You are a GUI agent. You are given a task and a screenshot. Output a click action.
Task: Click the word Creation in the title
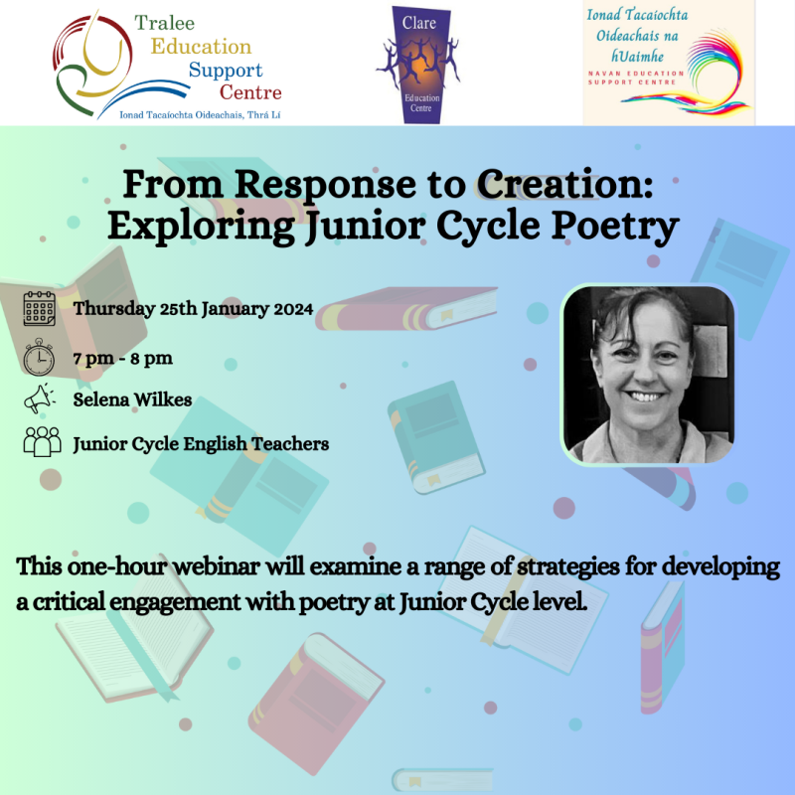560,185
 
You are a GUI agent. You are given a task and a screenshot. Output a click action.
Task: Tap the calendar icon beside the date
40,308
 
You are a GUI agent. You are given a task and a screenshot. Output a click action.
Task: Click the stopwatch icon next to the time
40,356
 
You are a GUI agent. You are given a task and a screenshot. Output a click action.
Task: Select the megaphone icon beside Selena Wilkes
40,399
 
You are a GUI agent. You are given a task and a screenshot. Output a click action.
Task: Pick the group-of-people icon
40,443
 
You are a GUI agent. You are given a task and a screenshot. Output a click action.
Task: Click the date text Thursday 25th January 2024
194,308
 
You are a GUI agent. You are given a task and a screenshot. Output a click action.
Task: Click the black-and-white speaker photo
649,375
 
